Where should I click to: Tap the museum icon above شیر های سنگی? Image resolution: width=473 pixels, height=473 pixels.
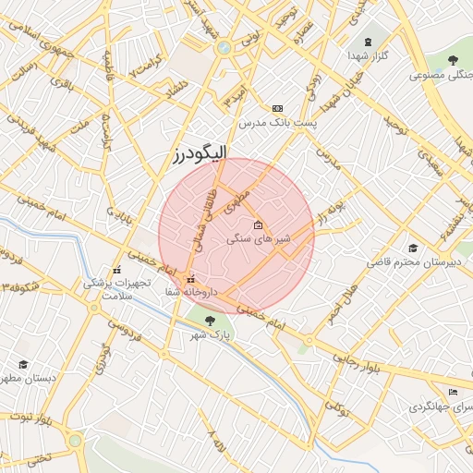258,224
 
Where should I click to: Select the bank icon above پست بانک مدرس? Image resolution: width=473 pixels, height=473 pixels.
278,108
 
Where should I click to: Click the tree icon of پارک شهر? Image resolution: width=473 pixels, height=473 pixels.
209,321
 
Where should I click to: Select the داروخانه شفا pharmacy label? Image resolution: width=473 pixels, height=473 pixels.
189,292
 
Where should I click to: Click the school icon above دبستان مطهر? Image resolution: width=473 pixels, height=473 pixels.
22,364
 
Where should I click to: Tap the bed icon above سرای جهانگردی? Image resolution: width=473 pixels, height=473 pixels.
452,393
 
